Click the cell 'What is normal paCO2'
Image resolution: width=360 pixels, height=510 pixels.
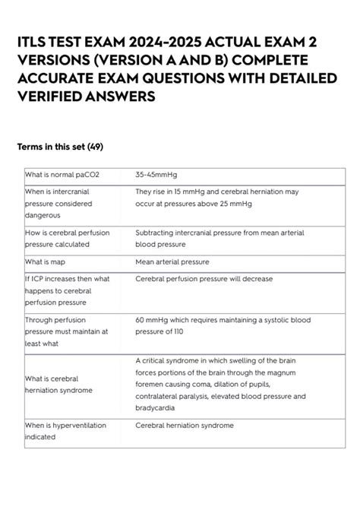tap(62, 175)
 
